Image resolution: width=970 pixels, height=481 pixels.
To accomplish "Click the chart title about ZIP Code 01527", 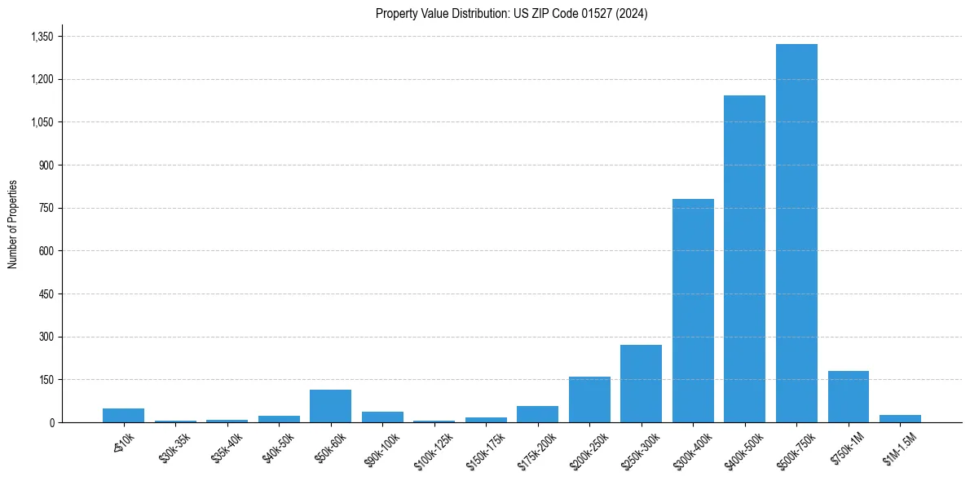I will pos(511,14).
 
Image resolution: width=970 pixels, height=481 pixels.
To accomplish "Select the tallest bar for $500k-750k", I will pos(796,233).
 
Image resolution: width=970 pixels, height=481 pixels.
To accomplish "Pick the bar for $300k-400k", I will pos(693,311).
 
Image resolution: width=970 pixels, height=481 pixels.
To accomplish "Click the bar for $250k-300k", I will pos(641,384).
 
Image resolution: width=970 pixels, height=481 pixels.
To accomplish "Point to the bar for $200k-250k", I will pos(589,399).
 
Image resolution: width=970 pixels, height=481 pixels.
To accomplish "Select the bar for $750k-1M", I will pos(848,397).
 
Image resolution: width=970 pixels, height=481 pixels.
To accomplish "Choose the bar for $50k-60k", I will pos(330,406).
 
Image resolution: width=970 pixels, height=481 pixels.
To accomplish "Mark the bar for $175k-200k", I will pos(537,414).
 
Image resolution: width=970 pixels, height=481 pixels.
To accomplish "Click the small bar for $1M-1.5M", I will pos(900,418).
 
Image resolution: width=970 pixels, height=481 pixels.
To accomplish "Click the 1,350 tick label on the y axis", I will pos(42,37).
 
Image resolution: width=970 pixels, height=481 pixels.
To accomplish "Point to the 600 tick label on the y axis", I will pos(46,251).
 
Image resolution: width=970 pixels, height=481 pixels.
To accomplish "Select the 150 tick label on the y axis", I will pos(46,380).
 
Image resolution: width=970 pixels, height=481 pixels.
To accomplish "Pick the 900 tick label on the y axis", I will pos(46,165).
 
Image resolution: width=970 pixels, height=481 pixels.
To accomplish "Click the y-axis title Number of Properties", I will pos(13,224).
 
